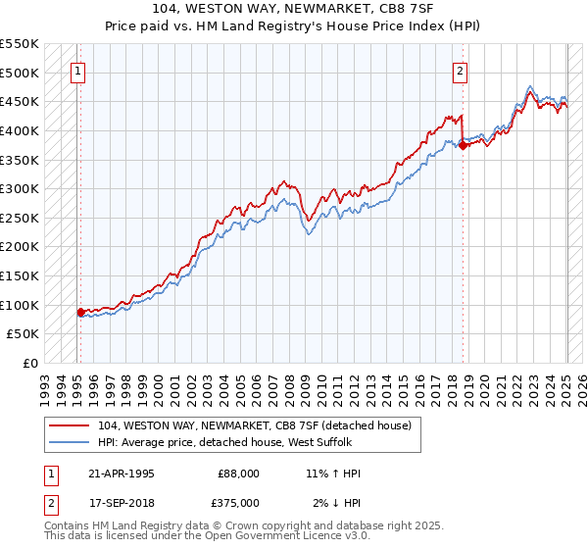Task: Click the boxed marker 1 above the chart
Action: point(77,70)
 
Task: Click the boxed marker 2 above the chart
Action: point(460,70)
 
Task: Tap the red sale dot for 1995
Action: point(80,312)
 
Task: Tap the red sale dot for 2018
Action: point(463,145)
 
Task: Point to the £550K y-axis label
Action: point(20,44)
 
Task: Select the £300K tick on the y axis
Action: point(20,188)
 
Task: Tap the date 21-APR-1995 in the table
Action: point(121,474)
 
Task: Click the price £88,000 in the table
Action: point(238,474)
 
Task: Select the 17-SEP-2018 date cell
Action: point(121,502)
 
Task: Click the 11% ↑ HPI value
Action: point(333,474)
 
